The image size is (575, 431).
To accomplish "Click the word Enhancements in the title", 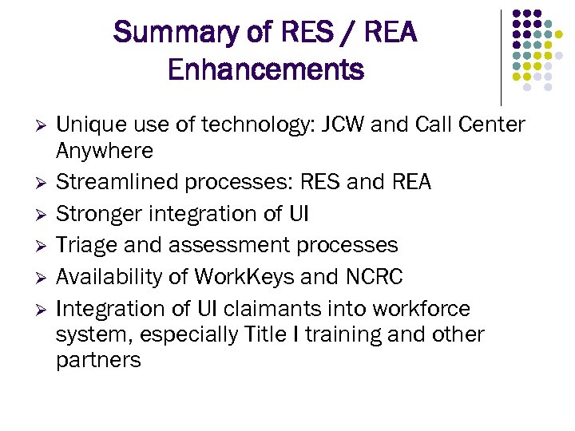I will pyautogui.click(x=266, y=70).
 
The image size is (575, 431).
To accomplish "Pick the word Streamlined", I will pyautogui.click(x=117, y=183).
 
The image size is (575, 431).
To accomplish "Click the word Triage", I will pyautogui.click(x=86, y=245).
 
